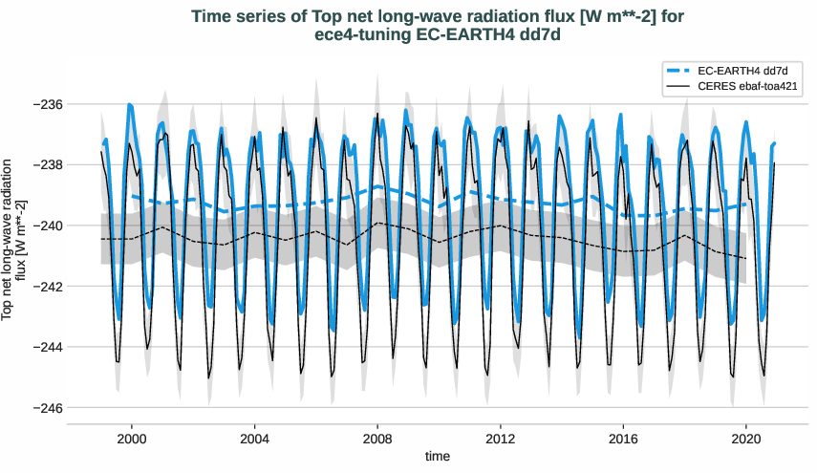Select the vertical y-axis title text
pos(13,239)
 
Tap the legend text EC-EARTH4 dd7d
pos(742,71)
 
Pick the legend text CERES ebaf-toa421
pos(748,86)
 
